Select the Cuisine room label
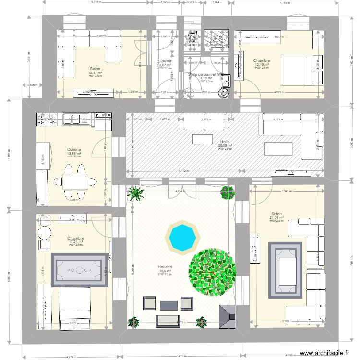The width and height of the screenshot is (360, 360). [74, 149]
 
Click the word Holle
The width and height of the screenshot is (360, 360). [225, 142]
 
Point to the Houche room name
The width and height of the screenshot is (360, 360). [165, 267]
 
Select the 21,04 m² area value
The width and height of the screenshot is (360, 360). [277, 217]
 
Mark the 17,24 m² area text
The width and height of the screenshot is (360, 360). [76, 242]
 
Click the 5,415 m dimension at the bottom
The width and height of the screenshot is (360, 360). [182, 356]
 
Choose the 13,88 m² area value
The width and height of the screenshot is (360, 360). [74, 153]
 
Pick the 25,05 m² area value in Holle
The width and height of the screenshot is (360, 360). [225, 145]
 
